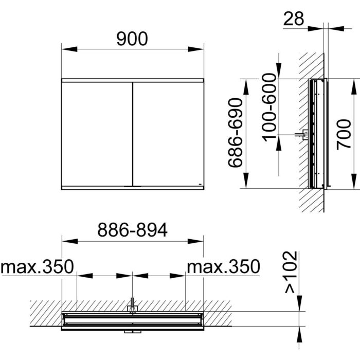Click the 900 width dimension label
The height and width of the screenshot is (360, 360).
[132, 38]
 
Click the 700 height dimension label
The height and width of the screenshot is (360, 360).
[344, 134]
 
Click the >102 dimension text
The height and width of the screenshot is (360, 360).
[291, 273]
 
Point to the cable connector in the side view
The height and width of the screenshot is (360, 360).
[303, 135]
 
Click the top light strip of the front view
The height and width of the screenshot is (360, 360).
[132, 81]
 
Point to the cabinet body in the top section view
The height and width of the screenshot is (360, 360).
[133, 320]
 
